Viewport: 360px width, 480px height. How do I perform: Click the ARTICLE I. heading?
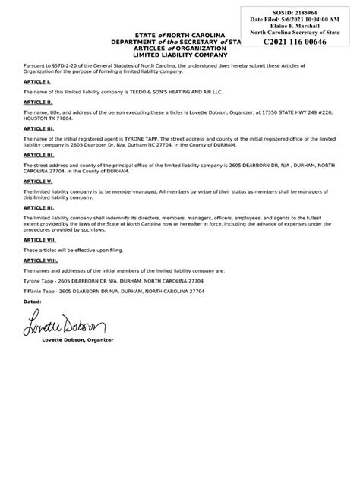36,81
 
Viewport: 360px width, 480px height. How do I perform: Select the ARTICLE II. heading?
38,100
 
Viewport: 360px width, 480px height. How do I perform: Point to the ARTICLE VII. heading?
39,239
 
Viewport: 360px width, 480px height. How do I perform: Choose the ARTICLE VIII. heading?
41,260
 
